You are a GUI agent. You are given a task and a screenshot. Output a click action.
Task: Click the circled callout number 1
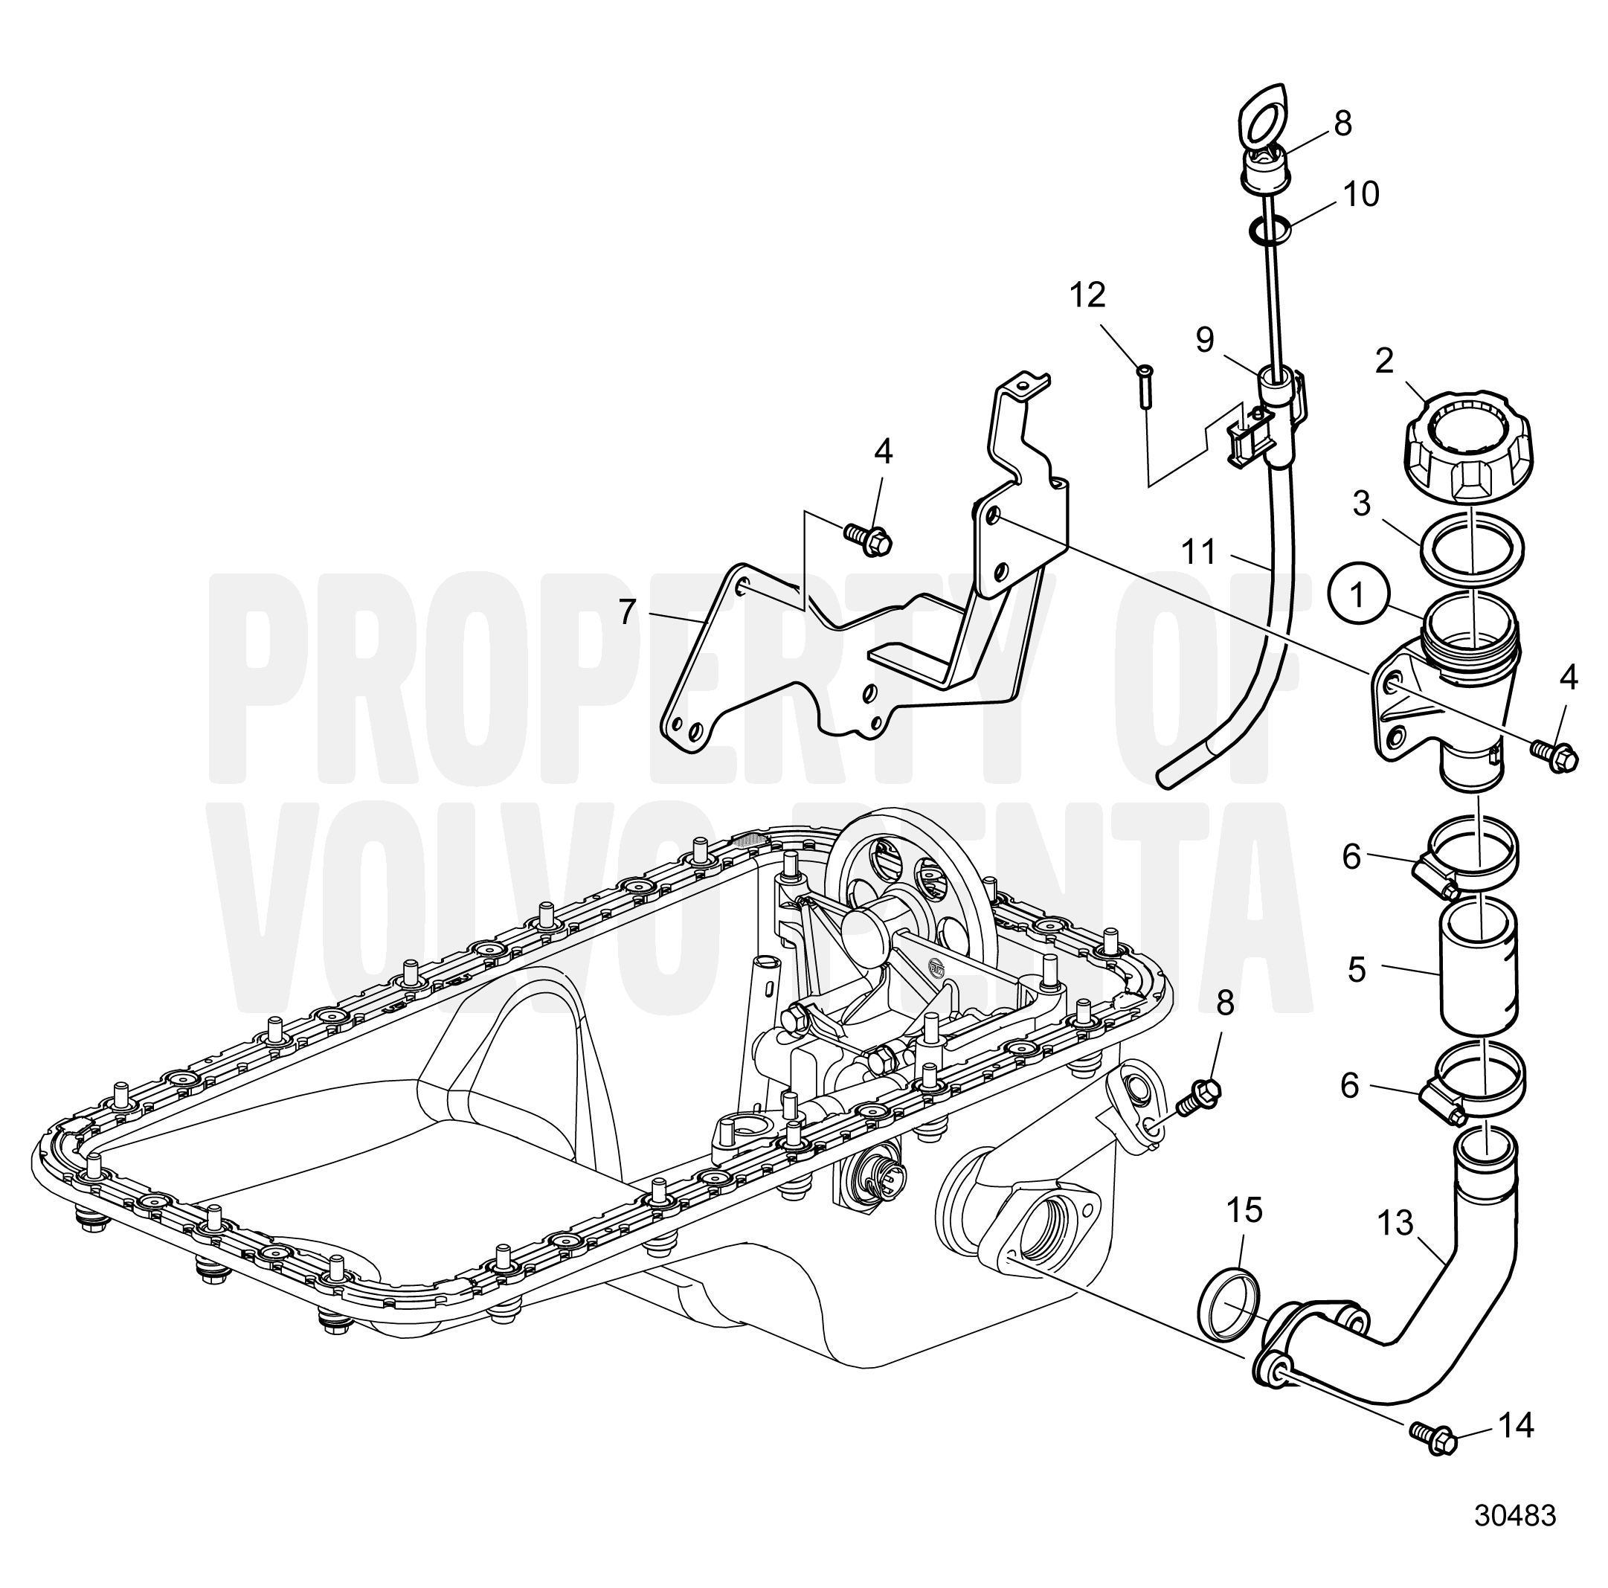pos(1358,596)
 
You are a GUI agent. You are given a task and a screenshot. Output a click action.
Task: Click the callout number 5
pos(1357,971)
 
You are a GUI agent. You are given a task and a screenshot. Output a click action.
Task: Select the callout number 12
pos(1087,295)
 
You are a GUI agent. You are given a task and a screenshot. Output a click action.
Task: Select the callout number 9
pos(1204,338)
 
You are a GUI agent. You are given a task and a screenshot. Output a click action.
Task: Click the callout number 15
pos(1245,1210)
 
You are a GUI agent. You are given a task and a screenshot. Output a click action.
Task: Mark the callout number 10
pos(1362,195)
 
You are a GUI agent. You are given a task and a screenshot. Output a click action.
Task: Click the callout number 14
pos(1517,1427)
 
